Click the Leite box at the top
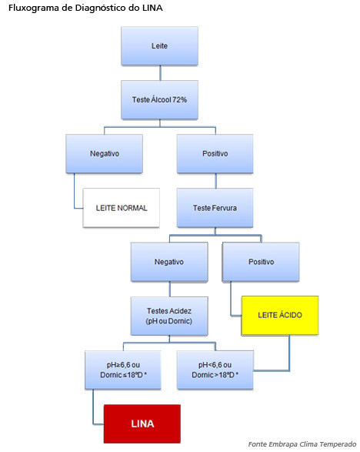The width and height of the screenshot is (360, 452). pos(159,46)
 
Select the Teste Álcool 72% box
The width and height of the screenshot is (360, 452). pos(159,100)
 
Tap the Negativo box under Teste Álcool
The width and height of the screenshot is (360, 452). pos(105,154)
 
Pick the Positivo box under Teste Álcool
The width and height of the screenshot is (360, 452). pos(215,154)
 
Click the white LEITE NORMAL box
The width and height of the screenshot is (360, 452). pos(122,208)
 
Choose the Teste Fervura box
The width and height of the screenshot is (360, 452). pos(215,208)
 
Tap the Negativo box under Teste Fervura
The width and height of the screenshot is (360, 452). pos(169,262)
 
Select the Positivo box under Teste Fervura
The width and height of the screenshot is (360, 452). pos(261,262)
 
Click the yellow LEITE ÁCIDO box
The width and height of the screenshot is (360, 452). pos(280,316)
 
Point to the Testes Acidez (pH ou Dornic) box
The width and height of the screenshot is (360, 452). pos(169,316)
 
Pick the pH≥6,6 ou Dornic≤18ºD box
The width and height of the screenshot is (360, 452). pos(123,370)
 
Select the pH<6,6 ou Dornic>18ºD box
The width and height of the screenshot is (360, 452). pos(215,370)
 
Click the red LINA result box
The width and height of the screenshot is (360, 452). pos(142,424)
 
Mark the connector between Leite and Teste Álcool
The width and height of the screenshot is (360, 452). pos(160,73)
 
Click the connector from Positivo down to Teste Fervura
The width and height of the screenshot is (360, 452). pos(215,181)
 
